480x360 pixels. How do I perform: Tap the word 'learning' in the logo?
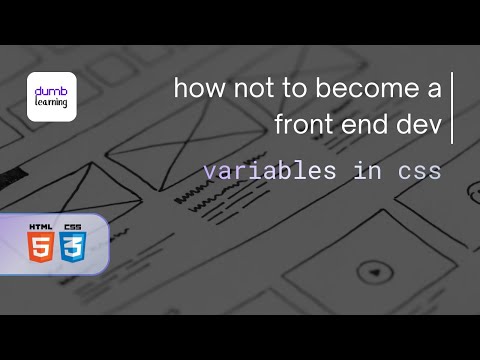pyautogui.click(x=51, y=101)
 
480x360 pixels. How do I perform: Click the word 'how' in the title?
pyautogui.click(x=195, y=89)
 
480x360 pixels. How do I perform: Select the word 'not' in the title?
pyautogui.click(x=244, y=89)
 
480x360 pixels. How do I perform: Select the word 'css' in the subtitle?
pyautogui.click(x=419, y=171)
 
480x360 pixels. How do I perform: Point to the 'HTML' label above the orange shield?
pyautogui.click(x=42, y=227)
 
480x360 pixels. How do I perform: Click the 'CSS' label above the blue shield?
pyautogui.click(x=73, y=227)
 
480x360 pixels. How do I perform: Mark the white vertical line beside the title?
pyautogui.click(x=453, y=107)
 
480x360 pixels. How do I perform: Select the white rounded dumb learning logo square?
pyautogui.click(x=51, y=96)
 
